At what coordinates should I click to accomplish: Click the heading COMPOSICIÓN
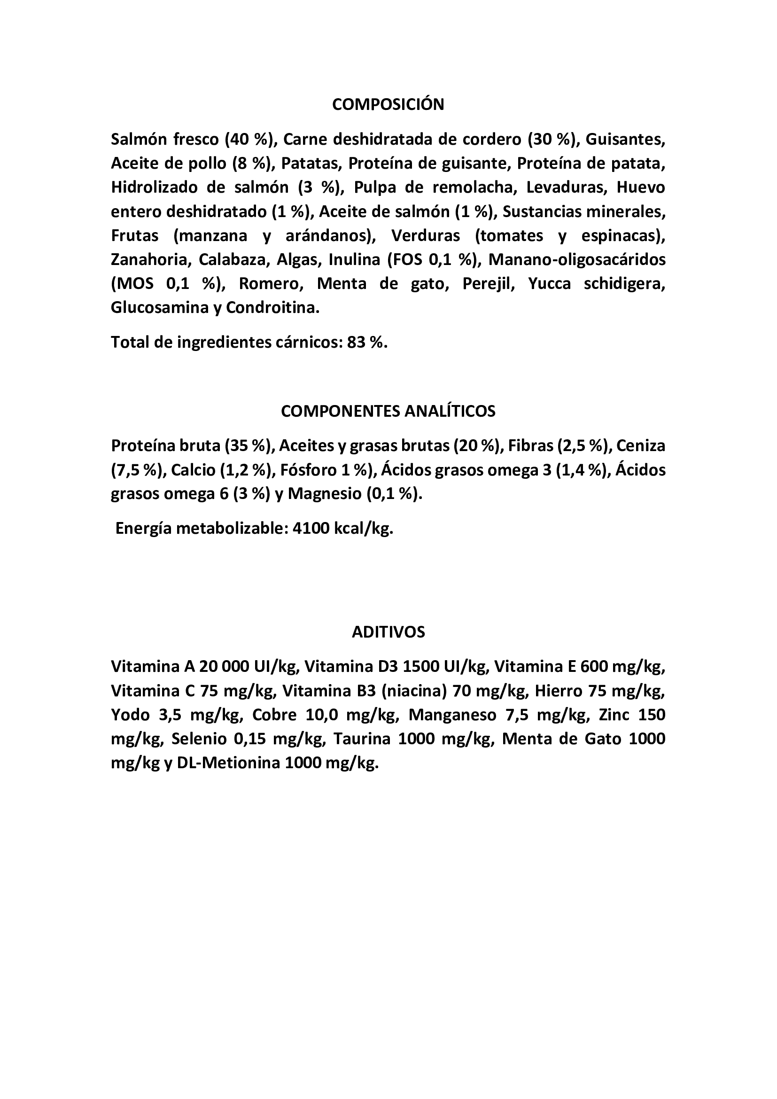tap(388, 104)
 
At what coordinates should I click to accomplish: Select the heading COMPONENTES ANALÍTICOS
tap(388, 411)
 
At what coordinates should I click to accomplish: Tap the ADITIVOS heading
tap(388, 632)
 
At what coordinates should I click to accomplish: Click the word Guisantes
tap(625, 140)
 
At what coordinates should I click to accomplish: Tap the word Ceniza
tap(641, 445)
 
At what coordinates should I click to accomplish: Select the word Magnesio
tap(325, 493)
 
